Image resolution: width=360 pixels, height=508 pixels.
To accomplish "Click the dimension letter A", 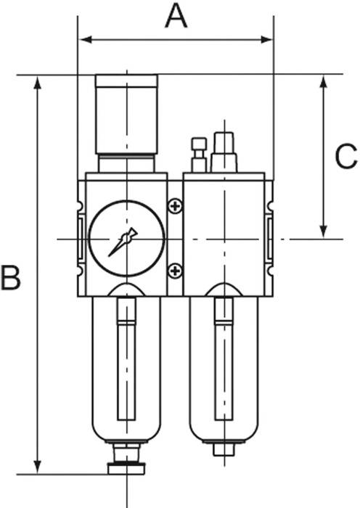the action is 176,17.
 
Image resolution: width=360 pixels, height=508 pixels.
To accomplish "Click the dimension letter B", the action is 10,277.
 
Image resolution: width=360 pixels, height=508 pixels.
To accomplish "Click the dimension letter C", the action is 346,157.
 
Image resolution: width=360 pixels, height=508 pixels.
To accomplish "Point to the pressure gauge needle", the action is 123,242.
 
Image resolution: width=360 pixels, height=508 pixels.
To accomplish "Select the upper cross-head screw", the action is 176,205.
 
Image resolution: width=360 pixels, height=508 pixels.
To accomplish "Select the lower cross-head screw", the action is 176,271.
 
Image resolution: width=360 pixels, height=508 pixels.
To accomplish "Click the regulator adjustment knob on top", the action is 127,114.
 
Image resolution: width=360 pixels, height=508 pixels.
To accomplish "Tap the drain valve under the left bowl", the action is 126,459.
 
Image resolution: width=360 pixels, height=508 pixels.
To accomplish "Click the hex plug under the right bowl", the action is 224,449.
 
